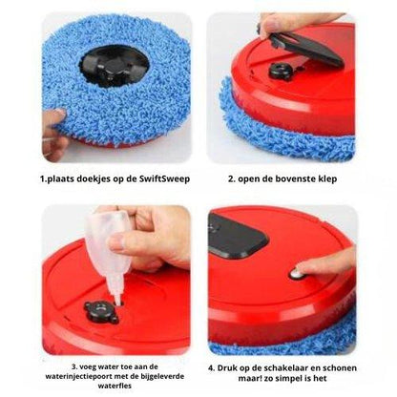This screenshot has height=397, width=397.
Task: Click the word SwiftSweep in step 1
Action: coord(164,178)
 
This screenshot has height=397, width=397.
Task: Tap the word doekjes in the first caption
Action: coord(94,178)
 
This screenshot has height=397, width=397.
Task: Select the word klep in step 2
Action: coord(327,179)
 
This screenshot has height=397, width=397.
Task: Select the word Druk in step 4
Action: coord(224,368)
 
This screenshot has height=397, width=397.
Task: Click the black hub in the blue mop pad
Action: coord(114,65)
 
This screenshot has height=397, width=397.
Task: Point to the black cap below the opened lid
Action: coord(280,71)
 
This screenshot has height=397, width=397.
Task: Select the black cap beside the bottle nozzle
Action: coord(101,310)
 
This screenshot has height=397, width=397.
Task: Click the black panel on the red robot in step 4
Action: coord(238,235)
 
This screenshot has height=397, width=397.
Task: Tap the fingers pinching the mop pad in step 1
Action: coord(53,134)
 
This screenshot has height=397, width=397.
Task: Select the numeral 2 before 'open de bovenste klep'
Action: coord(231,179)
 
